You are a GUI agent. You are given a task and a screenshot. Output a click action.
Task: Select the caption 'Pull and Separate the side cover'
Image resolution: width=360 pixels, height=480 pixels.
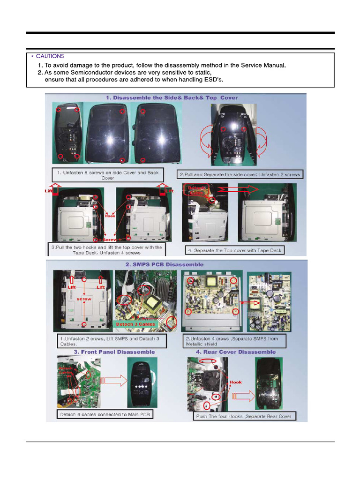point(240,174)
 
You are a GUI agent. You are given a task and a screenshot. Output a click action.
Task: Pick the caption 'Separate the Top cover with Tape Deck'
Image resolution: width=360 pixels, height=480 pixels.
point(234,250)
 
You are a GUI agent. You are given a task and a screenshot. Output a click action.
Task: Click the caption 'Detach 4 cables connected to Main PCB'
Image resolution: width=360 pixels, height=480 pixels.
point(105,414)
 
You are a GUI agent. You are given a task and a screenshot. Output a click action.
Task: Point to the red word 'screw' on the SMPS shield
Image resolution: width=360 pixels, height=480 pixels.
point(84,299)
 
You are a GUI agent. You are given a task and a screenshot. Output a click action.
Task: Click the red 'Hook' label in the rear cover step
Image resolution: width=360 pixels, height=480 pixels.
point(236,382)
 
